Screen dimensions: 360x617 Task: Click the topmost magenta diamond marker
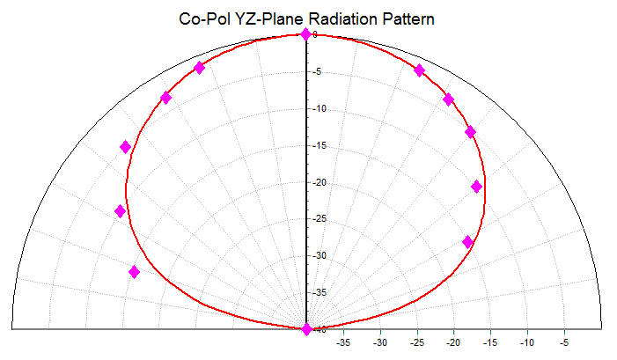(x=305, y=34)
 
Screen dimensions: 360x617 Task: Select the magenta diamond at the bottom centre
(x=306, y=329)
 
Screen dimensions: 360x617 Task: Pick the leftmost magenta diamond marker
(x=121, y=211)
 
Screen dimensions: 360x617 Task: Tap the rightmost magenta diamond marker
(x=477, y=187)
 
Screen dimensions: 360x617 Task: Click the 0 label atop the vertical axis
(x=314, y=35)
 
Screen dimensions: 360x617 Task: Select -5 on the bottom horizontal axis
(x=564, y=342)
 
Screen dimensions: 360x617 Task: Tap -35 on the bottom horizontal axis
(x=343, y=342)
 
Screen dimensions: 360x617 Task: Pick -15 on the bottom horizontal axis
(x=490, y=342)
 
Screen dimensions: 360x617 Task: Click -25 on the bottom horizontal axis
(x=417, y=342)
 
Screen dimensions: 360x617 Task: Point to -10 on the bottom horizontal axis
(x=527, y=342)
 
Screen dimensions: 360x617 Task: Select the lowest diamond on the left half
(x=134, y=272)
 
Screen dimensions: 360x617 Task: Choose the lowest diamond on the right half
(x=467, y=242)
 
